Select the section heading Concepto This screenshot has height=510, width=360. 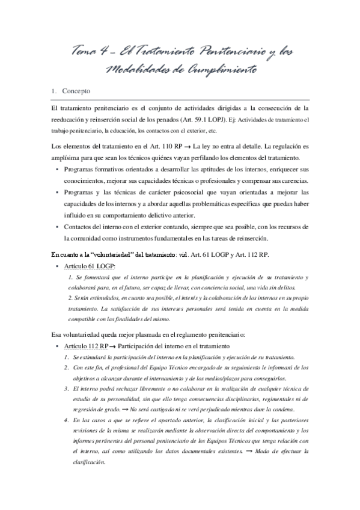76,92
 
